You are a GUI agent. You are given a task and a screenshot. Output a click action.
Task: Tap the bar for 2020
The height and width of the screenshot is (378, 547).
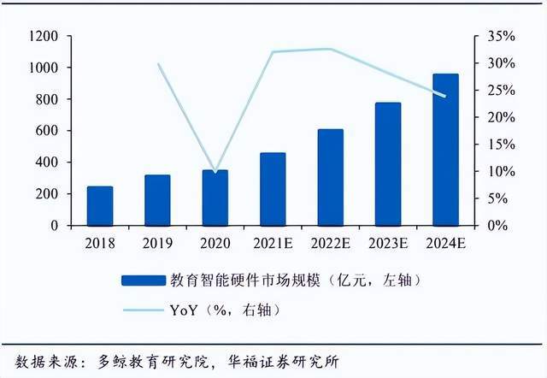coord(215,198)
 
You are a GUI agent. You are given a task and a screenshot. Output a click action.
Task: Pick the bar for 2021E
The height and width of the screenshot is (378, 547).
coord(273,189)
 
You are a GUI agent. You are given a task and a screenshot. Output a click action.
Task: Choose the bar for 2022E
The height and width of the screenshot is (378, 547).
coord(330,177)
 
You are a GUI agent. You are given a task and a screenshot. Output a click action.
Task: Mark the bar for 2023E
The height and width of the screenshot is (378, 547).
coord(388,164)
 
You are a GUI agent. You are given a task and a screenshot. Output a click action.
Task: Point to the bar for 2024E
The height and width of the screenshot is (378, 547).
coord(445,150)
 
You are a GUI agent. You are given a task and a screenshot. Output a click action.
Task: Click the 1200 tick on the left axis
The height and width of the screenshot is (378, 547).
coord(43,37)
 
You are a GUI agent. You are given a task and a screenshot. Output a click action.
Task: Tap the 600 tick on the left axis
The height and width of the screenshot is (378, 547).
coord(47,131)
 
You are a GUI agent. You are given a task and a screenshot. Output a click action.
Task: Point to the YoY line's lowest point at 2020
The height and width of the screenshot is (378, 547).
coord(215,172)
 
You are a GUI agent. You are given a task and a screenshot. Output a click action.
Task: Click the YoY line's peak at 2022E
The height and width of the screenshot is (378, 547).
coord(330,49)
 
